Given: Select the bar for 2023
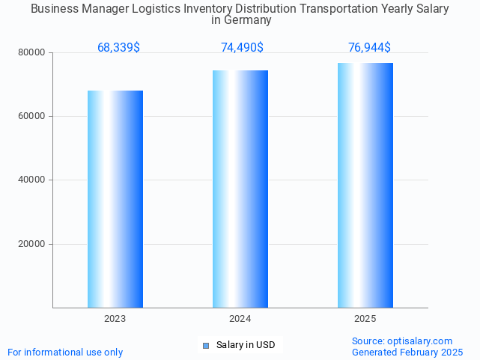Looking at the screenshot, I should tap(115, 199).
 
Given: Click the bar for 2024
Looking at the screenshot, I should tap(240, 189).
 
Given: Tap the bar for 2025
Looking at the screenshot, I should tap(365, 185).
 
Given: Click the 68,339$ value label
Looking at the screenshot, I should tap(118, 48).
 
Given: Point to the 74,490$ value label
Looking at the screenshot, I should tap(242, 48).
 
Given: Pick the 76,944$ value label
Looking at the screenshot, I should tap(369, 48).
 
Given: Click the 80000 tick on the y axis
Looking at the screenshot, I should tap(32, 52).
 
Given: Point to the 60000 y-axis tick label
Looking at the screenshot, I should tap(32, 116).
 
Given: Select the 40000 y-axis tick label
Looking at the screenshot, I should tap(32, 180).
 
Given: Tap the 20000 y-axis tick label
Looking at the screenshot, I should tap(32, 244).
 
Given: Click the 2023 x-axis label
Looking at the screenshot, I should tap(115, 319).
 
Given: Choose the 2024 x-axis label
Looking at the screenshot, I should tap(240, 319).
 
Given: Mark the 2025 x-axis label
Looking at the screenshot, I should tap(365, 319).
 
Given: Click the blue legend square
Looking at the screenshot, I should tap(206, 345).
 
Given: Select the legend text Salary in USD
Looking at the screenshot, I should tap(246, 345).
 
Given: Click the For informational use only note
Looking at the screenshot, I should tap(65, 352).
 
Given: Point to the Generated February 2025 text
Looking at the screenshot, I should tap(407, 352).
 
